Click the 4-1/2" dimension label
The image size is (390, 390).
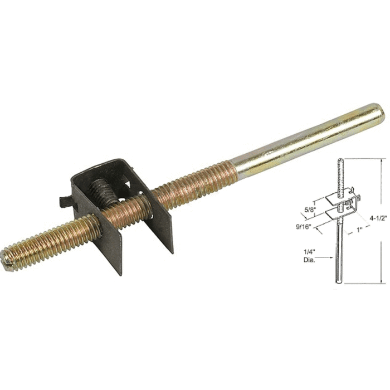[379, 219]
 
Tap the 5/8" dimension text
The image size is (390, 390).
[310, 209]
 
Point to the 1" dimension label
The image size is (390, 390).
[359, 230]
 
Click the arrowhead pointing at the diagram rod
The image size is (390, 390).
[331, 257]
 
